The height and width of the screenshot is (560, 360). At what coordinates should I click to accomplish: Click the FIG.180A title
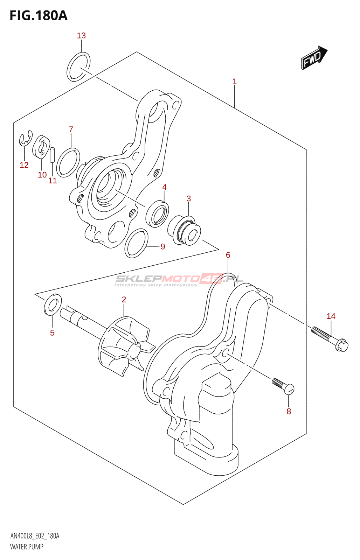[x=39, y=16]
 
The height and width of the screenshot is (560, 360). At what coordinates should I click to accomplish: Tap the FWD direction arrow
[x=314, y=58]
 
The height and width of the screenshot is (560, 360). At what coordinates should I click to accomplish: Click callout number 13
[x=81, y=36]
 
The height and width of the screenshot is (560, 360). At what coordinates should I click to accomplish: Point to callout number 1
[x=235, y=82]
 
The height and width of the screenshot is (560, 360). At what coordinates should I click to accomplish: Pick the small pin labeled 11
[x=53, y=155]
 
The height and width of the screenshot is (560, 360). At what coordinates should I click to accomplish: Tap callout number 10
[x=42, y=175]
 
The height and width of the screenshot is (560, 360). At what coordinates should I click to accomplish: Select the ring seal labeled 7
[x=68, y=162]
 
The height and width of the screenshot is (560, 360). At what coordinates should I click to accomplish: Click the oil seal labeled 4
[x=157, y=213]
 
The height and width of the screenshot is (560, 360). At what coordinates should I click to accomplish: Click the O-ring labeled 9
[x=136, y=243]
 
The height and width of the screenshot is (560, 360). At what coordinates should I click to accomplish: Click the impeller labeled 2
[x=124, y=345]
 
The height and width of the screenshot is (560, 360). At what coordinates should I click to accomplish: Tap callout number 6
[x=228, y=255]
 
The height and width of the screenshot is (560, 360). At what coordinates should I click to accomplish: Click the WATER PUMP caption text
[x=27, y=547]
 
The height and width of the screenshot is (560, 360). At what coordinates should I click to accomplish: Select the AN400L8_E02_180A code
[x=35, y=536]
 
